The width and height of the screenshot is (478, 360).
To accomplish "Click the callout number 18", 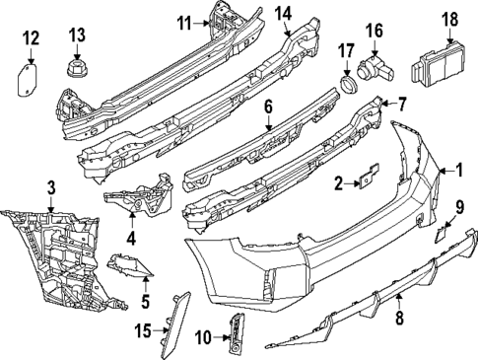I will [x=449, y=19].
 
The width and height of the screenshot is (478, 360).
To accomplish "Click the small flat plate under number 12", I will [x=30, y=77].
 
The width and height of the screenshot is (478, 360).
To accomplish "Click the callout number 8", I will [x=399, y=318].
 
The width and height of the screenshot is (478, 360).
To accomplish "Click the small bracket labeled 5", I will [x=130, y=265].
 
